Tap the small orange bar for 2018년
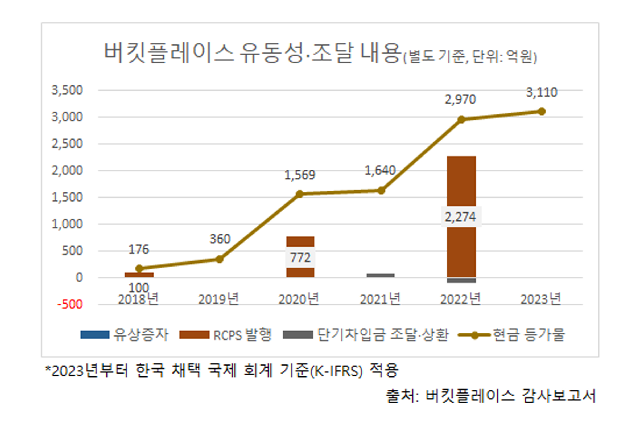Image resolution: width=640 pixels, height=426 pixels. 139,275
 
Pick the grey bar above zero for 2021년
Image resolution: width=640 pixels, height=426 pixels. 381,276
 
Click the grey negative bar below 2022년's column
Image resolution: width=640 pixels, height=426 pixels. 461,280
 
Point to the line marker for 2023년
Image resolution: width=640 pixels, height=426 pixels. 542,111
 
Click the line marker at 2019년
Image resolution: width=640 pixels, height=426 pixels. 219,259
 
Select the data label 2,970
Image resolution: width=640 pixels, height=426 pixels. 460,99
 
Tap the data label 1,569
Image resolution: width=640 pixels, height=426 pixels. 299,175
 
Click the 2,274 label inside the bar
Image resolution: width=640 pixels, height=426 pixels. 460,217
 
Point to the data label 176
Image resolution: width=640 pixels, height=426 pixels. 139,249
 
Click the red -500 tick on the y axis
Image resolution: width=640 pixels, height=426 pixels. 70,304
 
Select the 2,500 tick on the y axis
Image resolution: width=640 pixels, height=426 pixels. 67,144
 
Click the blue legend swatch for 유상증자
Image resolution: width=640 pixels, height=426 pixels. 95,335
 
